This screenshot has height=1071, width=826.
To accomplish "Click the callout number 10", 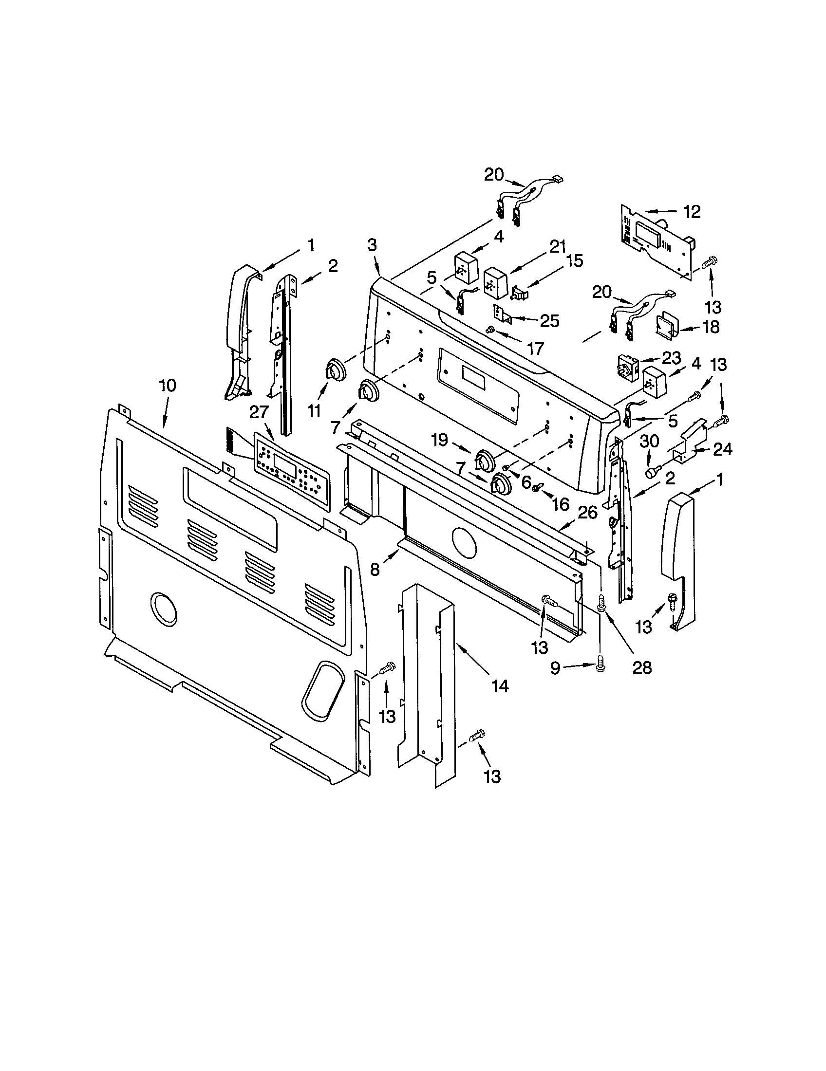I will coord(167,385).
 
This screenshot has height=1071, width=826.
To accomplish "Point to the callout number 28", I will coord(641,667).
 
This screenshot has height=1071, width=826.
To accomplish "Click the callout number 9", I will coord(555,668).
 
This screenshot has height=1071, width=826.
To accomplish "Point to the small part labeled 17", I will coord(489,330).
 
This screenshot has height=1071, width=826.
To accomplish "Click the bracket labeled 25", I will coord(502,314).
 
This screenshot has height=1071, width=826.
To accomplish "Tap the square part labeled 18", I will coord(667,324).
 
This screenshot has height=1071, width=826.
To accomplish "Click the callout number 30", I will coord(650,442).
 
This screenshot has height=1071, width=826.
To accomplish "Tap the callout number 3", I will coord(372,245).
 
